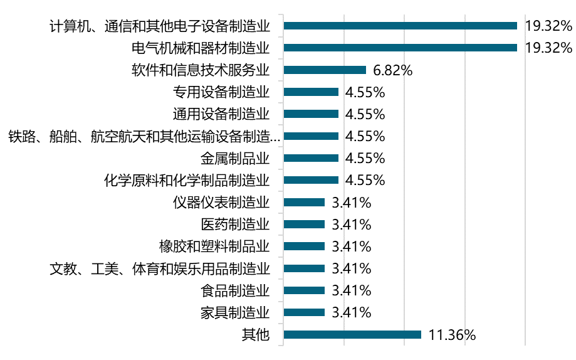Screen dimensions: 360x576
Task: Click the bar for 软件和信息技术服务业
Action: [325, 70]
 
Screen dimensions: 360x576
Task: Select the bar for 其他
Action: [352, 334]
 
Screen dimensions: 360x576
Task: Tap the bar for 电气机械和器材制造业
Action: [400, 48]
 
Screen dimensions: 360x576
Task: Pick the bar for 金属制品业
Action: [311, 158]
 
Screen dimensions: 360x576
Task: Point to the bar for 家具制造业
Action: [304, 312]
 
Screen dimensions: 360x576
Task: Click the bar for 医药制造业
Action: [304, 224]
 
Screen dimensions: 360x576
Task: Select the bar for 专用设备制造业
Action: [311, 92]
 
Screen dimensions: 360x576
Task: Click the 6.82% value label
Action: [392, 70]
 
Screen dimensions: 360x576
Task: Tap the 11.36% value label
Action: [452, 335]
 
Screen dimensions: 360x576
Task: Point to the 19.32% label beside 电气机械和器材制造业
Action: [549, 48]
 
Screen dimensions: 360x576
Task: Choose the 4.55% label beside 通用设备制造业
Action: [365, 114]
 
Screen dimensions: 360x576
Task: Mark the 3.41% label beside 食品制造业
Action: [351, 290]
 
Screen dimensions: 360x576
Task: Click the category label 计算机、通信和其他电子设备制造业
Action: [160, 26]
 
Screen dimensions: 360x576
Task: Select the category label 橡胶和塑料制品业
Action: [214, 246]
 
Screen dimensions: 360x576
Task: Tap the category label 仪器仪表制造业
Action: [221, 202]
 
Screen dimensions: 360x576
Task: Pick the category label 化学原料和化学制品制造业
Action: [187, 180]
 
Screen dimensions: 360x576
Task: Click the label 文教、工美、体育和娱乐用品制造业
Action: [160, 268]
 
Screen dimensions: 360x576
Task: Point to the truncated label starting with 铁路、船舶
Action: [144, 136]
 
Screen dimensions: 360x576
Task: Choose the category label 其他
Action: [256, 334]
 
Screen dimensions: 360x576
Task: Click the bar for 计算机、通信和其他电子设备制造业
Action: [400, 26]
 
